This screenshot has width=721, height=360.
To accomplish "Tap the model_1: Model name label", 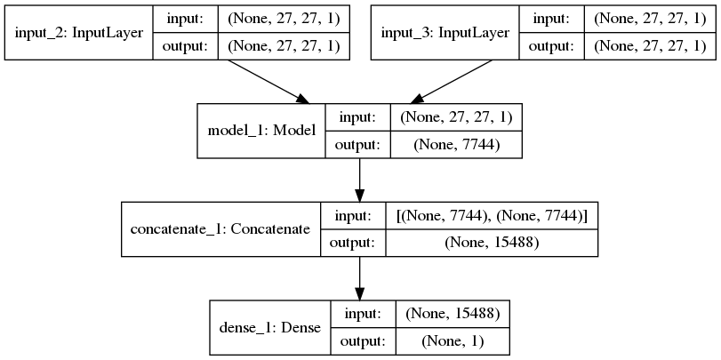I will pos(261,130).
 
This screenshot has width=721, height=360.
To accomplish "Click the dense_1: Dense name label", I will pos(269,328).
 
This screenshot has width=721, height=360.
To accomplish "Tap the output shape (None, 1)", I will pos(453,341).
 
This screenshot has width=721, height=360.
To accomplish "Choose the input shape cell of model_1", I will pos(455,116).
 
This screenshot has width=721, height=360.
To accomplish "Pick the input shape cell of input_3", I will pos(650,19).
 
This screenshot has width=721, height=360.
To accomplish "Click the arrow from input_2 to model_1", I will pos(268,82).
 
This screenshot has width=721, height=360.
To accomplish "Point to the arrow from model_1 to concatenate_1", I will pos(359,180).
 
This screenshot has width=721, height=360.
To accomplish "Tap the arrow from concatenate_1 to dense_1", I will pos(359,278).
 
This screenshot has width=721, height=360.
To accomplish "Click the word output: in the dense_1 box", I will pos(361,341).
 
